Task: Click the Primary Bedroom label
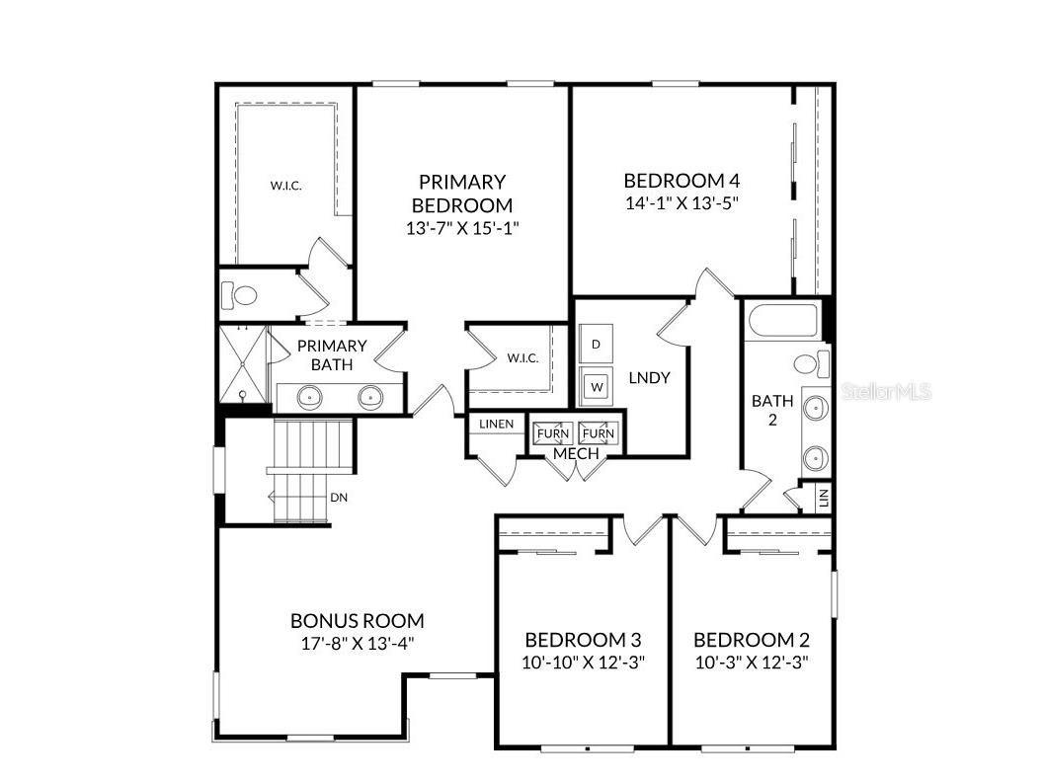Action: pos(462,194)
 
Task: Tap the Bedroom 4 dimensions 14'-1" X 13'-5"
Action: pos(682,203)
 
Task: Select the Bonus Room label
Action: pos(358,621)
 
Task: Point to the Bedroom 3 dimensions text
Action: pos(583,663)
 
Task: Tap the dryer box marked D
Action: pos(596,345)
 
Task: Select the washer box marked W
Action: pos(596,385)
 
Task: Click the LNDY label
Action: pos(649,378)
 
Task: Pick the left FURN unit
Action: pos(552,432)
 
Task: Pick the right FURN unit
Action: pos(598,432)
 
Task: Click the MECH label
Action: pos(575,453)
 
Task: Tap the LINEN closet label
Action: pos(496,425)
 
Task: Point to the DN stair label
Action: pos(339,498)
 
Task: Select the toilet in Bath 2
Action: pos(810,362)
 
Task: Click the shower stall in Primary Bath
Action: pos(242,364)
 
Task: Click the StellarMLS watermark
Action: pos(887,392)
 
